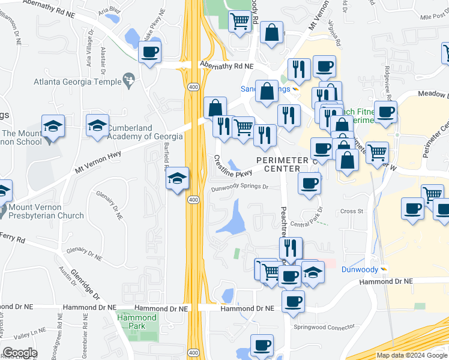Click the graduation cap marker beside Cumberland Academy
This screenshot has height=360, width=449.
(97, 127)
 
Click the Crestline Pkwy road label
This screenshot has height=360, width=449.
(233, 166)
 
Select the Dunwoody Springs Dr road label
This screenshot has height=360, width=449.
(239, 187)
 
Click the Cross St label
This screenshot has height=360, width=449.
(352, 211)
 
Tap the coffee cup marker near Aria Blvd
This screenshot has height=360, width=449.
(150, 52)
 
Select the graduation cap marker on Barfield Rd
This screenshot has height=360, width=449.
(177, 178)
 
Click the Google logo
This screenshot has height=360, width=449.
(20, 353)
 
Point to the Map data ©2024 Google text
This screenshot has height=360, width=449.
(411, 355)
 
